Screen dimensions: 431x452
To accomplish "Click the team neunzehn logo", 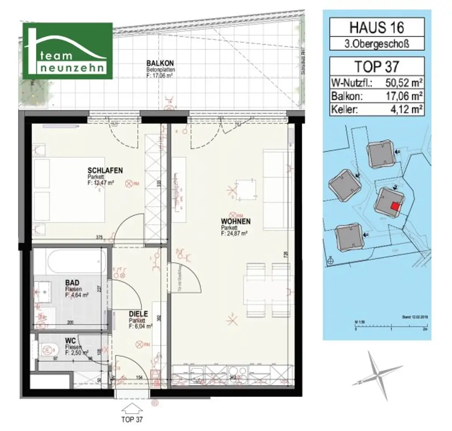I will [68, 51].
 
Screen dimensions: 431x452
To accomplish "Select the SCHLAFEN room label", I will [105, 170].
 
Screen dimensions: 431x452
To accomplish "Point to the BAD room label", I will [72, 282].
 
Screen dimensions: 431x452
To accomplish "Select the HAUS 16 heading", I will [377, 27].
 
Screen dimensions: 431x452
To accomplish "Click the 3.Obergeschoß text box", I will [377, 44].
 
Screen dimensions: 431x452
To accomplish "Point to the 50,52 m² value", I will [400, 82].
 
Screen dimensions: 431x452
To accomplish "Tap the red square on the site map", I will [395, 206].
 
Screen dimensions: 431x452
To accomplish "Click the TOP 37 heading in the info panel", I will [377, 66].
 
